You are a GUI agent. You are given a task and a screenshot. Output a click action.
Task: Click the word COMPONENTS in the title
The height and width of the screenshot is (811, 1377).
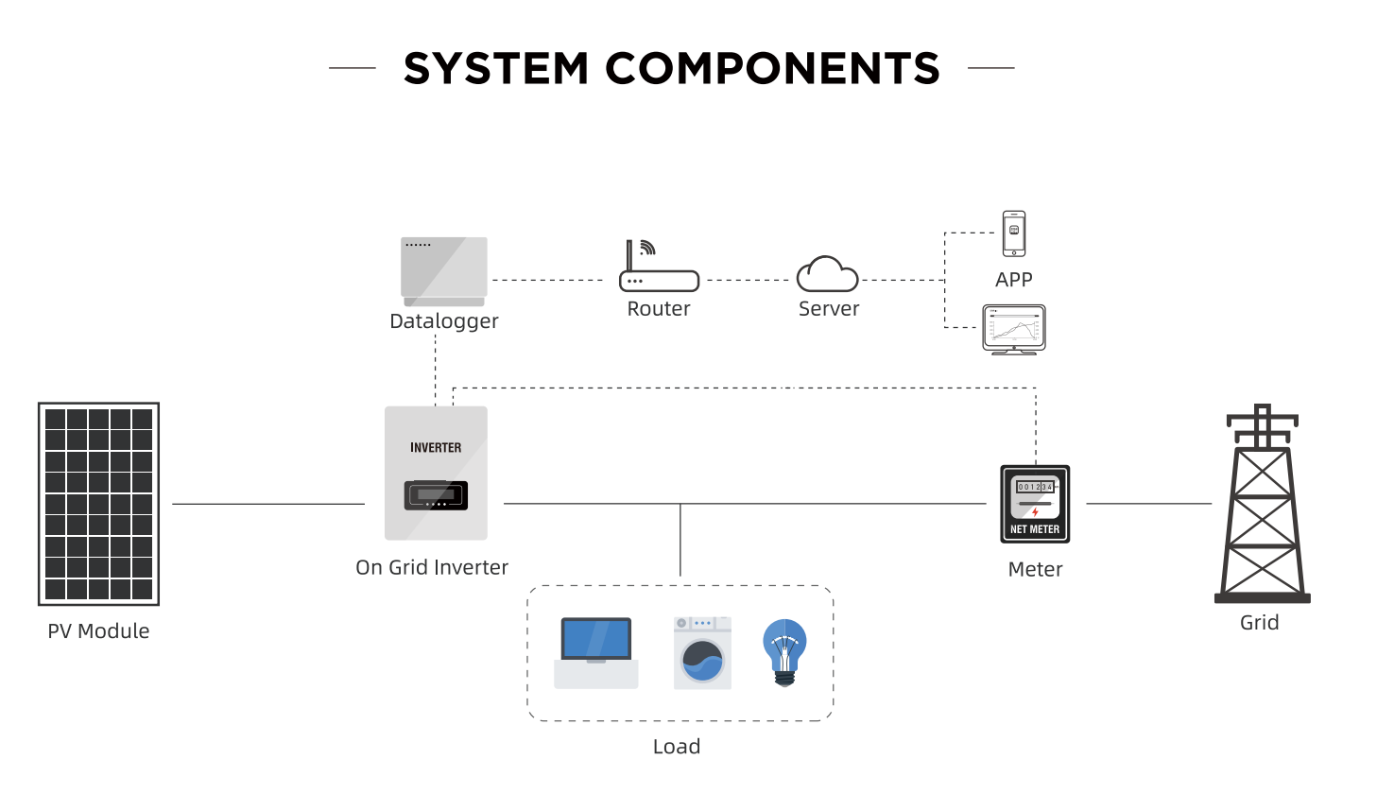[773, 68]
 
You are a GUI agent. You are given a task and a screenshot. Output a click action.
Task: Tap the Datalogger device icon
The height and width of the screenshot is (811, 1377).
[444, 271]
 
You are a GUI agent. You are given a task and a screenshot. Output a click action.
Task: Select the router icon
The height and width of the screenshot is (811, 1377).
[659, 266]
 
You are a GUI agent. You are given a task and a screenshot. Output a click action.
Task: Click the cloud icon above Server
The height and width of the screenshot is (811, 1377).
[828, 274]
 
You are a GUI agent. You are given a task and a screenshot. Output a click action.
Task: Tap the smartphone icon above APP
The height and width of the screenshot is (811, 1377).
[1014, 233]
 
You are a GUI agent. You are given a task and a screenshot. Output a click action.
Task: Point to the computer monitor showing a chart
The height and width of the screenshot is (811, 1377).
[1014, 330]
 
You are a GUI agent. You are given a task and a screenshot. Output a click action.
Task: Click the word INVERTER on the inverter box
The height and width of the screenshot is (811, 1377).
[436, 448]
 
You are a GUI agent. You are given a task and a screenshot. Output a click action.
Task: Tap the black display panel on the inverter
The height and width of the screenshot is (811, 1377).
[436, 495]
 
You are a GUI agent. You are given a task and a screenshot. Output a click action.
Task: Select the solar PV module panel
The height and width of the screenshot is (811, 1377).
[98, 504]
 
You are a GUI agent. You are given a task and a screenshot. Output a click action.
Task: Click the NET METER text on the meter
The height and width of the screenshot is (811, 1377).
[1035, 529]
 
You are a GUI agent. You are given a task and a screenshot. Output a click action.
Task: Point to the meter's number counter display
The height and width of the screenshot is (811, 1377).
[1035, 487]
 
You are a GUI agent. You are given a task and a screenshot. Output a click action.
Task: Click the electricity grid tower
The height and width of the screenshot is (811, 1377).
[1262, 504]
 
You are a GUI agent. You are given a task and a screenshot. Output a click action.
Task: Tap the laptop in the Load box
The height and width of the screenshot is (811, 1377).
[595, 653]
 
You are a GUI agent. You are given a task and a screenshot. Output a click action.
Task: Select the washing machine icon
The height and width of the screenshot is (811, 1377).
[702, 653]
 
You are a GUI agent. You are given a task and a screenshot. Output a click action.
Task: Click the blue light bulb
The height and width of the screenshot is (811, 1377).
[784, 652]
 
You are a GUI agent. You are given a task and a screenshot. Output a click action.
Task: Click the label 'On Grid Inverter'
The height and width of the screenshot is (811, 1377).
[432, 567]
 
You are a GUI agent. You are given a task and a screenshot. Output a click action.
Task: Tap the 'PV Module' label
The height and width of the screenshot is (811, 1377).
[98, 630]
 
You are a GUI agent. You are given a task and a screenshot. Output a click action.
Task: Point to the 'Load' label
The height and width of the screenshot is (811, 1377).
[677, 747]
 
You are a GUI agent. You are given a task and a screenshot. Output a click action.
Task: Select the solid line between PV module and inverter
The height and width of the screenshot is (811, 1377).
[268, 504]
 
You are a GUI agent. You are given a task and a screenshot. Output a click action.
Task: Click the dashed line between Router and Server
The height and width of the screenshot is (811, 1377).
[748, 280]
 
